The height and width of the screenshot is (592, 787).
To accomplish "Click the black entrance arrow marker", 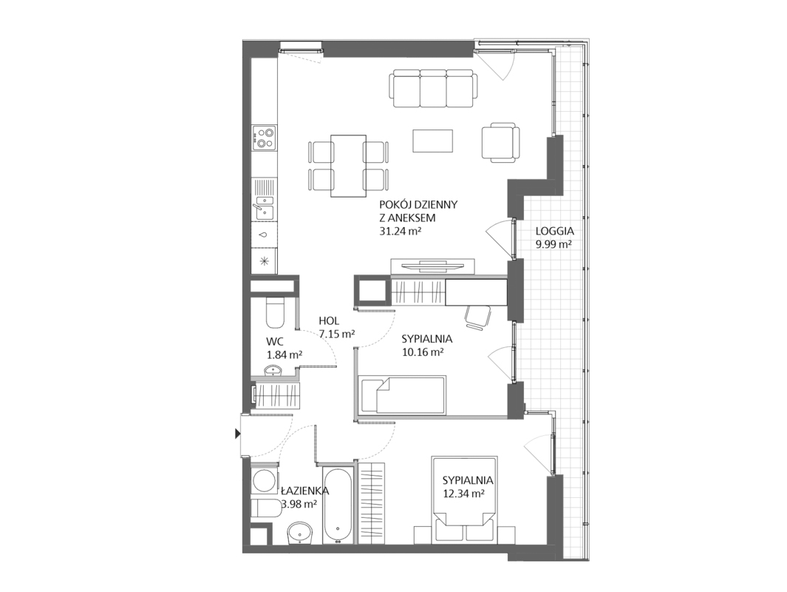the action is point(238,434).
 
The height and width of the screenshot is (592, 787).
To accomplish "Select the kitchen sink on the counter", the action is point(264,207).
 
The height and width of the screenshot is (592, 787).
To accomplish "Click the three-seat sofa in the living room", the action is point(433,89).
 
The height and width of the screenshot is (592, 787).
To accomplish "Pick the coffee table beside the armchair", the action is point(432,141).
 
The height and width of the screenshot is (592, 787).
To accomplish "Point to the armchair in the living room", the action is point(500,142).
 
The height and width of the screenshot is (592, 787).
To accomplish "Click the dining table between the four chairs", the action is point(348,165).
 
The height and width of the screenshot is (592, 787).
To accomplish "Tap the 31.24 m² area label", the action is point(400,231).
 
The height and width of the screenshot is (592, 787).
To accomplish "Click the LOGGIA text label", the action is point(555,231).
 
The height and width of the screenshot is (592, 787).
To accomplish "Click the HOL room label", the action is point(329,320).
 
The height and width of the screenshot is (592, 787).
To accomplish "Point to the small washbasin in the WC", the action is point(274,371).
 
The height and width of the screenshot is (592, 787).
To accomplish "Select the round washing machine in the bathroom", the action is point(265,481).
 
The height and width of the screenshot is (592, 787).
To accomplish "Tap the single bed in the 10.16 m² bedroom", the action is point(402,394).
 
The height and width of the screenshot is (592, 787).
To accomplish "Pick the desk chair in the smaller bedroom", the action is point(478,317).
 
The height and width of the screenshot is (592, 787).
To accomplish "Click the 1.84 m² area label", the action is point(285,354).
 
